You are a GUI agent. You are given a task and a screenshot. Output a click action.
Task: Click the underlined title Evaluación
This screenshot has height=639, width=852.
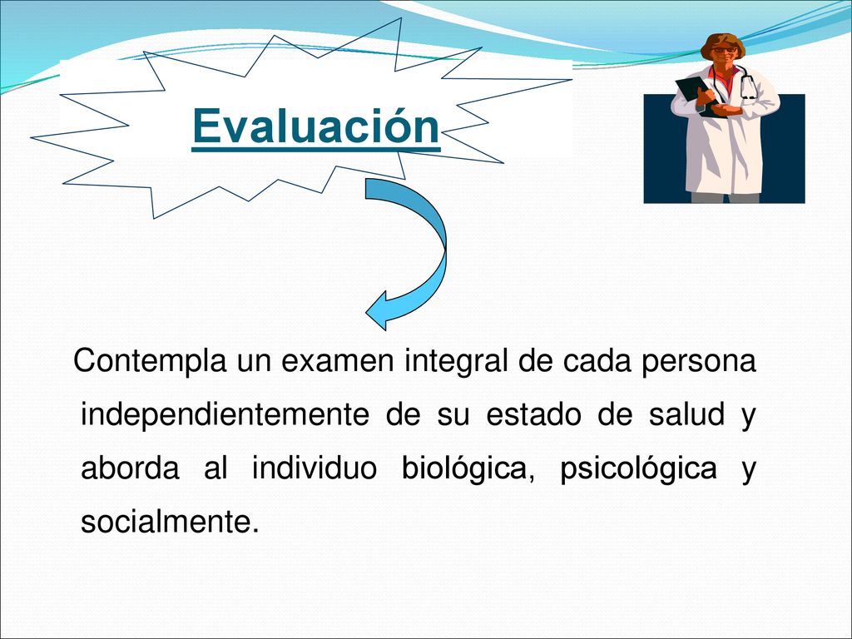click(315, 126)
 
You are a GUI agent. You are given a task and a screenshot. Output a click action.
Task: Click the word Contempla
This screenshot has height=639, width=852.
click(150, 361)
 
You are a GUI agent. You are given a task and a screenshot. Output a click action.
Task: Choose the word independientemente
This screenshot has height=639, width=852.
click(225, 414)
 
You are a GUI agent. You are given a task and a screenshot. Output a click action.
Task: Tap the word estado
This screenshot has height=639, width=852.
click(533, 414)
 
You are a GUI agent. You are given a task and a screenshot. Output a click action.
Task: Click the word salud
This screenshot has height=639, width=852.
click(686, 414)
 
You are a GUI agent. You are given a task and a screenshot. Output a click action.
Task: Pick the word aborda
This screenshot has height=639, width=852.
click(130, 468)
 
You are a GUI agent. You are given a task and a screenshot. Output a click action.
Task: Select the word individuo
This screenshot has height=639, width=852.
click(314, 468)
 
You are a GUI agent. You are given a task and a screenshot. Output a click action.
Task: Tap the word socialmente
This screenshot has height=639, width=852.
click(169, 521)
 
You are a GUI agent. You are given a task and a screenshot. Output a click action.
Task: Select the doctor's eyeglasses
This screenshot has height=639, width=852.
click(725, 50)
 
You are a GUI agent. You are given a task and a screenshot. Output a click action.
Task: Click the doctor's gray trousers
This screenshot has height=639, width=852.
click(725, 198)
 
